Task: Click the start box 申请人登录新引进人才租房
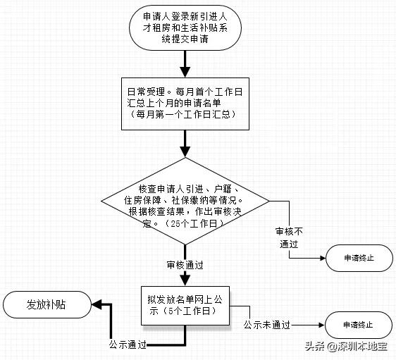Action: pos(185,28)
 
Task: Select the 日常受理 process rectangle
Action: pos(185,103)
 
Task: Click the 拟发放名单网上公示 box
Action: pos(185,304)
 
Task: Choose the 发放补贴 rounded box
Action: pos(47,305)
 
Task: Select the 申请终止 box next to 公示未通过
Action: pos(358,325)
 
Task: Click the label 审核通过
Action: pos(185,266)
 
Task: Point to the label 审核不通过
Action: pos(290,237)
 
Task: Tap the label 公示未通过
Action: pos(267,325)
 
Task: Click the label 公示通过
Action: pos(128,345)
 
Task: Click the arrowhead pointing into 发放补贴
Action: pos(99,305)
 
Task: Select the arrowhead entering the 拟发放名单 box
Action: pos(185,279)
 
